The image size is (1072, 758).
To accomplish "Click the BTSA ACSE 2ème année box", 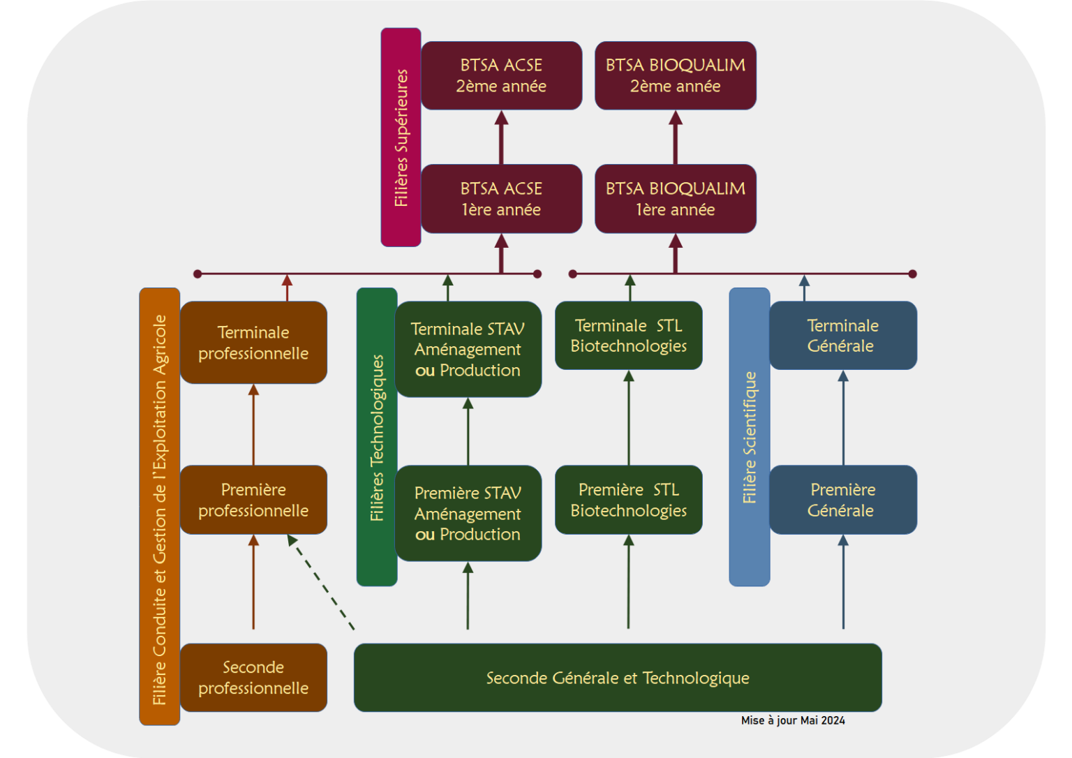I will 501,75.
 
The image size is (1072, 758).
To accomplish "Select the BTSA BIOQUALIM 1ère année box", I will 675,199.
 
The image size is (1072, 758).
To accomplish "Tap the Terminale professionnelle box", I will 253,343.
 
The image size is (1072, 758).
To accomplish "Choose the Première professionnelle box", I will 253,500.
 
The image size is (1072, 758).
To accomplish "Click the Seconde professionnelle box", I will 253,678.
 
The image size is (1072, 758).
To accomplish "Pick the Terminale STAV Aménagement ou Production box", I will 468,349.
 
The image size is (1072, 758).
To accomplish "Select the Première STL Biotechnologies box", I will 628,500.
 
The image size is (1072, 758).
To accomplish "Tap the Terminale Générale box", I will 842,336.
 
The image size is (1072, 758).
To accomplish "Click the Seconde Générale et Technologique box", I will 618,678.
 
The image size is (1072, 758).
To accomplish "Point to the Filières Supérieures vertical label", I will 401,138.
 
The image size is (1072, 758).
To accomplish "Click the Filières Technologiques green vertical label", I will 377,438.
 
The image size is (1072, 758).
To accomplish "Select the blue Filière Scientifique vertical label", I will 750,438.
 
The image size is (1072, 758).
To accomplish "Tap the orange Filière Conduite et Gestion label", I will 160,507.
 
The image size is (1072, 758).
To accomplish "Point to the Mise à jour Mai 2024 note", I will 793,720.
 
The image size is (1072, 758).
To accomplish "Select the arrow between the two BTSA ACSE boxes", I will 501,138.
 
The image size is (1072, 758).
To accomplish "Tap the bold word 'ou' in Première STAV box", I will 424,535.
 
